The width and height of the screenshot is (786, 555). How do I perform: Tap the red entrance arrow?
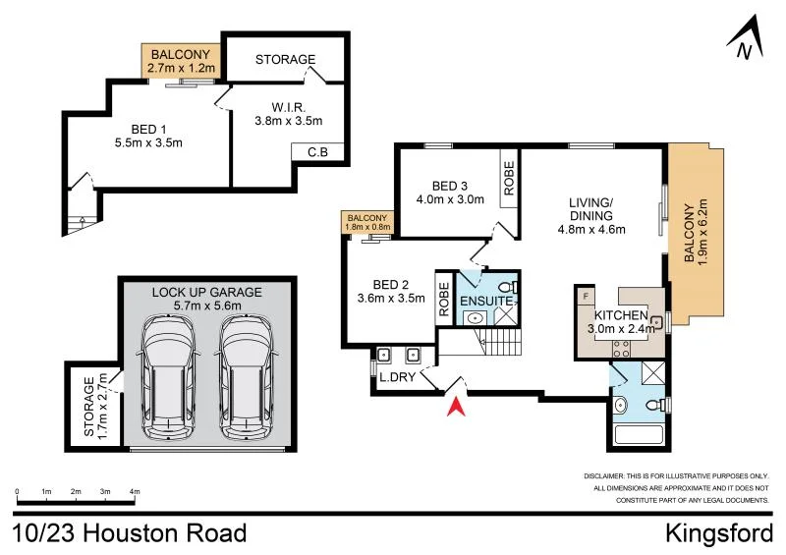(454, 405)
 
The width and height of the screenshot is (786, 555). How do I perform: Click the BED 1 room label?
(148, 135)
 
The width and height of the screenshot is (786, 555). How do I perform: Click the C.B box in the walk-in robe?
(317, 152)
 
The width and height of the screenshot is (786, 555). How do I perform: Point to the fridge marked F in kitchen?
(587, 295)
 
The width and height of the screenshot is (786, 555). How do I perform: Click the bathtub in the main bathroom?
(636, 435)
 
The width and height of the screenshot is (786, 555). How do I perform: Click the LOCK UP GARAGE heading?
(207, 292)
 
